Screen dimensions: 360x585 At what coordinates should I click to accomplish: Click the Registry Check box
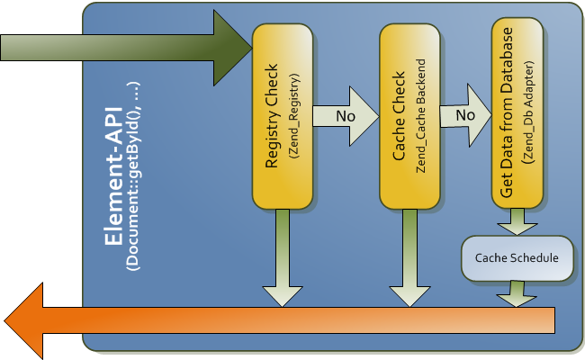pos(283,115)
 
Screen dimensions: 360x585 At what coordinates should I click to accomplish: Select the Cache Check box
pos(409,115)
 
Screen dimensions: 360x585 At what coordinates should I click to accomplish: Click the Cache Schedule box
pos(517,258)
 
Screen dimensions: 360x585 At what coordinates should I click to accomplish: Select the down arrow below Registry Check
pos(283,256)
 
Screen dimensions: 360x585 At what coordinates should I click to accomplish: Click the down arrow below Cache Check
pos(409,256)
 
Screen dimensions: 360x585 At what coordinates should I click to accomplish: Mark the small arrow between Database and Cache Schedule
pos(517,222)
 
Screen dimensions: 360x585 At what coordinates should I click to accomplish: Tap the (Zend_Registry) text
pos(294,114)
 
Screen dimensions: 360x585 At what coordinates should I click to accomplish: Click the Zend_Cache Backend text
pos(420,114)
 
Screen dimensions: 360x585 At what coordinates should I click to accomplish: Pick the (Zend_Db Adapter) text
pos(527,114)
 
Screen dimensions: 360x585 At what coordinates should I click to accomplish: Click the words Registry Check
pos(274,115)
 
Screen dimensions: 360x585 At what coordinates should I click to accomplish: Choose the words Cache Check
pos(400,115)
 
